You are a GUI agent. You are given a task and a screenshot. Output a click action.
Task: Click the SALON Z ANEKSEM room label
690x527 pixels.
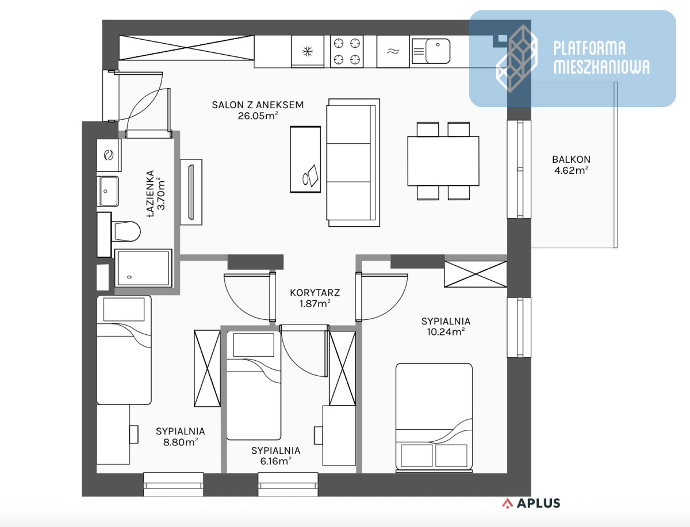click(x=258, y=105)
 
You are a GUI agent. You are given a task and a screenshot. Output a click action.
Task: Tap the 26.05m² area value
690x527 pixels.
click(x=258, y=116)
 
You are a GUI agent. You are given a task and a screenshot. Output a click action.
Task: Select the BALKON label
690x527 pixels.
click(x=571, y=159)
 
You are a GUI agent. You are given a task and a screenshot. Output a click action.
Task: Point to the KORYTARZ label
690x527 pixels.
click(x=315, y=293)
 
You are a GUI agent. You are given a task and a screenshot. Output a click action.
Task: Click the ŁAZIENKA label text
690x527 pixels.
click(x=151, y=194)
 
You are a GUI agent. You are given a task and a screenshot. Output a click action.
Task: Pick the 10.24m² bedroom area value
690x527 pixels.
click(x=446, y=332)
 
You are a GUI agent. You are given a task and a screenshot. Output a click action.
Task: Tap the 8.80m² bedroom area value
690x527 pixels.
click(x=181, y=442)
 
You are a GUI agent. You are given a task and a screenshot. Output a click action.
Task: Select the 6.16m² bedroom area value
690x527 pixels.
click(x=275, y=461)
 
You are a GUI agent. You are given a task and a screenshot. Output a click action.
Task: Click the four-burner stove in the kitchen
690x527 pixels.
click(x=347, y=51)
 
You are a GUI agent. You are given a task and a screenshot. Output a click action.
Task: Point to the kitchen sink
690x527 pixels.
click(x=431, y=51)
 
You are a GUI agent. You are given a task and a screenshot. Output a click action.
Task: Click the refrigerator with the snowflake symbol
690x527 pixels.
click(x=308, y=51)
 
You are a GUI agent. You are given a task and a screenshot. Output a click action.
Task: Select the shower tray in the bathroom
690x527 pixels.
click(x=143, y=268)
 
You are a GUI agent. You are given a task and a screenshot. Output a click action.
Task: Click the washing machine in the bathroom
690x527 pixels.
click(x=109, y=155)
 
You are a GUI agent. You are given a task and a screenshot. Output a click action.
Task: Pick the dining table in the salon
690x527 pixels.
click(x=443, y=161)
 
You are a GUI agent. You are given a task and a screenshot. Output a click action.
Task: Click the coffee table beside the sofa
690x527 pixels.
click(x=305, y=159)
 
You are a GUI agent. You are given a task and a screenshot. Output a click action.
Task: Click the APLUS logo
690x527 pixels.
click(x=531, y=503)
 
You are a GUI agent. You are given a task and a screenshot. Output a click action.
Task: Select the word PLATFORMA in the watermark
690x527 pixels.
click(x=589, y=48)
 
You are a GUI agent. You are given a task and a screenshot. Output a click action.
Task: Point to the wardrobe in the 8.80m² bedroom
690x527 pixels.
click(x=207, y=368)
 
